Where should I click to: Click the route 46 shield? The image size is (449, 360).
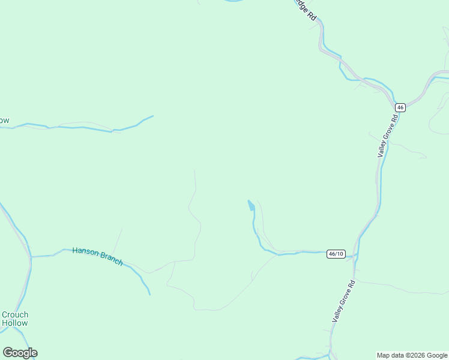tap(400, 107)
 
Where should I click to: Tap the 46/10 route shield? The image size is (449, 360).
tap(336, 254)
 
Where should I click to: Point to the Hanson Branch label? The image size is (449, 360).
tap(97, 256)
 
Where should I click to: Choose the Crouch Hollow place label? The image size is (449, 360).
tap(15, 319)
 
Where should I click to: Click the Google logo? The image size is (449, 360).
tap(20, 353)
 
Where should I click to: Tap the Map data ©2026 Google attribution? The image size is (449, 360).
tap(412, 355)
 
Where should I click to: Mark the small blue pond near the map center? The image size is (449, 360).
tap(251, 206)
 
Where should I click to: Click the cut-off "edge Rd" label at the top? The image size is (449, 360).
tap(304, 10)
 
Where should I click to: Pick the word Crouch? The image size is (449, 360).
tap(15, 314)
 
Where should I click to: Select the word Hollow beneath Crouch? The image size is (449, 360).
tap(15, 323)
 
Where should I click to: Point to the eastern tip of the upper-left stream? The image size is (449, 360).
tap(153, 116)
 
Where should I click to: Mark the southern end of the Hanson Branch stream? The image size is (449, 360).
tap(149, 294)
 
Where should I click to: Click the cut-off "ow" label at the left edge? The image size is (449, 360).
tap(4, 121)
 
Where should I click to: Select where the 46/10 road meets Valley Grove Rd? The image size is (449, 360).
tap(355, 253)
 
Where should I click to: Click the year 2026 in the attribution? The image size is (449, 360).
tap(417, 355)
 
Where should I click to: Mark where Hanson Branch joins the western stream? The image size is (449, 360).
tap(31, 257)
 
